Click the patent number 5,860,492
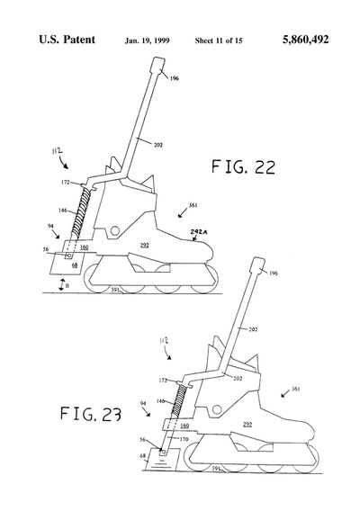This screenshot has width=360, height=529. coord(305,40)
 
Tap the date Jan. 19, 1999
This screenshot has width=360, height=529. coord(147,40)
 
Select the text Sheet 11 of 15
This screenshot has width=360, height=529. coord(219,40)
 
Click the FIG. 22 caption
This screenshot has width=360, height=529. coord(243,166)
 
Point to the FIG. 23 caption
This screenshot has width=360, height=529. coord(91,414)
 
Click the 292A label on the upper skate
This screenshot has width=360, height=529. coord(199,232)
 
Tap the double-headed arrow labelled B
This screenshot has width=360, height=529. coord(61,285)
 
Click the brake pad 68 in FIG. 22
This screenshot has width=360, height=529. coord(67,263)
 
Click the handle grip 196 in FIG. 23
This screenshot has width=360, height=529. coord(258,264)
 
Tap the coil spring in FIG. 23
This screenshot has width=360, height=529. coord(178,401)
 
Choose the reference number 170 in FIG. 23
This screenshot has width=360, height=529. coord(184,439)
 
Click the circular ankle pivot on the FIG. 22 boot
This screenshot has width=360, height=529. coord(114,230)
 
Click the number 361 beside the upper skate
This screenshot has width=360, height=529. coord(193,205)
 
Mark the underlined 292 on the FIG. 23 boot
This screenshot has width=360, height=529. coord(247,424)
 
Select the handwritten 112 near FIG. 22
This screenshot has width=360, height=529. coord(57,151)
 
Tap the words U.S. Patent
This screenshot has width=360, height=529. coord(67,40)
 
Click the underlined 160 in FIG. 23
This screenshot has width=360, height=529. coord(184,426)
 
